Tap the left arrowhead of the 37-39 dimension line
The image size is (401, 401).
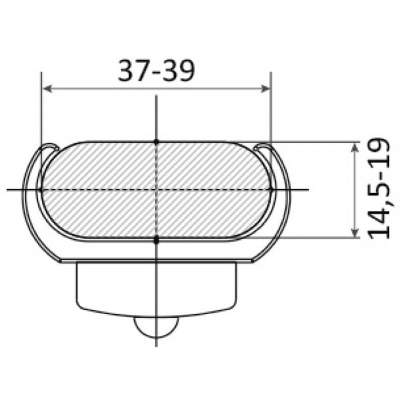[x=45, y=88]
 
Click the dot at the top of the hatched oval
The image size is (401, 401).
[x=156, y=141]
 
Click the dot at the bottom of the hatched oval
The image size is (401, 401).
[x=156, y=239]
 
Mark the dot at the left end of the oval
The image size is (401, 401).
[x=41, y=190]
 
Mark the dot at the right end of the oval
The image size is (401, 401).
[x=271, y=190]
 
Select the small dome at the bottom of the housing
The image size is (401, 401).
[x=156, y=326]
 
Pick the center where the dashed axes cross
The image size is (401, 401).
[x=156, y=190]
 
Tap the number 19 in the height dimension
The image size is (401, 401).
[x=378, y=151]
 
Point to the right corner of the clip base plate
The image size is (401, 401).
[x=253, y=261]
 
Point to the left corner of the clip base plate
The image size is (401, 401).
[x=60, y=261]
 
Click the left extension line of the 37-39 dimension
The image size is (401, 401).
[x=41, y=114]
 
